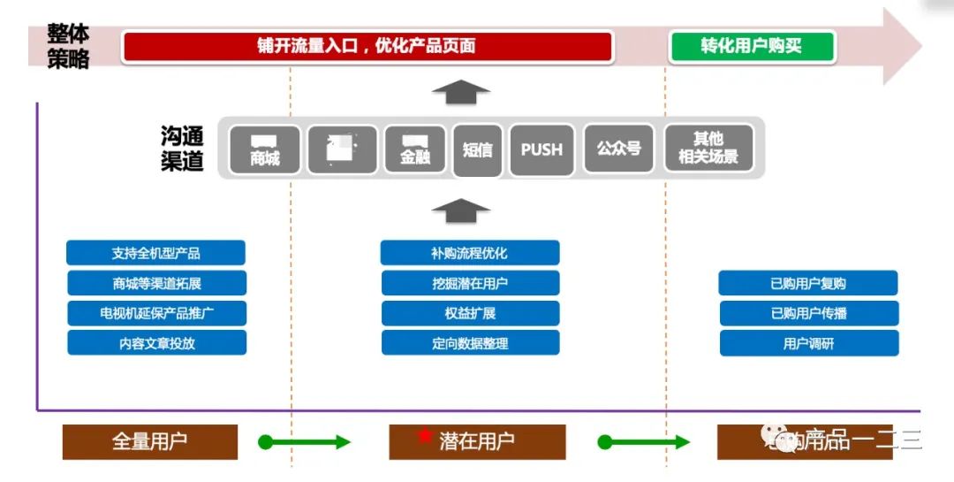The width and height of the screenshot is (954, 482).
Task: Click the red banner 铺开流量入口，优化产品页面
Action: click(367, 47)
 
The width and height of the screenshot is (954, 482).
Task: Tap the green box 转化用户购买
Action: click(752, 47)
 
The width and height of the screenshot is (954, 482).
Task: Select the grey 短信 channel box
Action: click(477, 150)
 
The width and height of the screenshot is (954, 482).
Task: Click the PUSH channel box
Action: click(541, 149)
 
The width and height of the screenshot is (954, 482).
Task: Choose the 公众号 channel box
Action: click(618, 149)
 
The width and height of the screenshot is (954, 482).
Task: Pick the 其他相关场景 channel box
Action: click(708, 149)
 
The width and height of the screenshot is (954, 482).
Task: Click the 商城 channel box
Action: click(265, 149)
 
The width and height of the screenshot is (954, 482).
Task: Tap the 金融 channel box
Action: click(415, 149)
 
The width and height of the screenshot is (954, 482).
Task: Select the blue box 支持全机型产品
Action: click(155, 253)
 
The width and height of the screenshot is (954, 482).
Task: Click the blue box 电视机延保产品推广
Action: click(156, 313)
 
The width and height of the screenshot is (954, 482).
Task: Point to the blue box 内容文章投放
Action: click(156, 343)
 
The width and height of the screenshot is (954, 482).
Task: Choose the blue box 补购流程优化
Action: click(470, 253)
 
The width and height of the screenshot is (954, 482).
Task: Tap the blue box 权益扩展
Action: click(470, 313)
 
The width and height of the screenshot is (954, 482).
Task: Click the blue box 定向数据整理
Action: click(470, 343)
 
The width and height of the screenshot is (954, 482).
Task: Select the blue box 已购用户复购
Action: click(808, 284)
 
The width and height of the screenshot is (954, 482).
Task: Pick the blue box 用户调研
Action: click(808, 343)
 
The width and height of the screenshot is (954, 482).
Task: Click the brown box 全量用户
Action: click(150, 441)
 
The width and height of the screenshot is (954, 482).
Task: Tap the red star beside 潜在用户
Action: click(425, 436)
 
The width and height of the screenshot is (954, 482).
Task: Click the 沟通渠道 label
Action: click(183, 149)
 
